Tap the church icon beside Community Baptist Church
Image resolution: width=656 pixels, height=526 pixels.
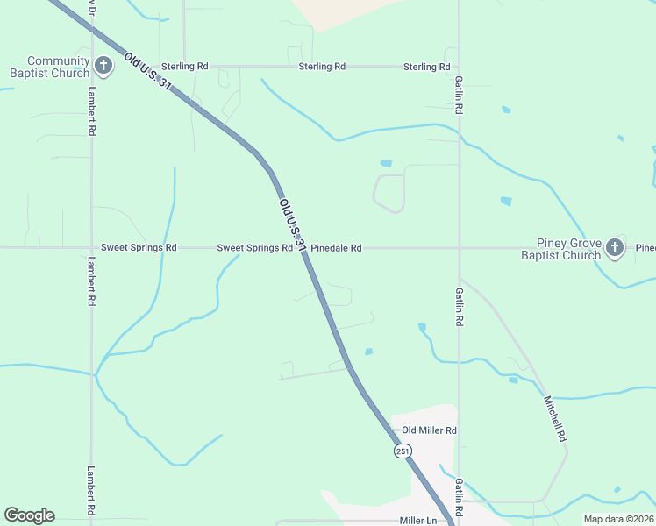point(103,66)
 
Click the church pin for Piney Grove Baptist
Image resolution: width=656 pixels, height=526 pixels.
point(615,248)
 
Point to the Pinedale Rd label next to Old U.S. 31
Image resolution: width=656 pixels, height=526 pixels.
point(336,248)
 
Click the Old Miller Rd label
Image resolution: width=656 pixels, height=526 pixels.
point(429,430)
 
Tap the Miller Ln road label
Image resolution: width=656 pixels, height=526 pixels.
point(417,521)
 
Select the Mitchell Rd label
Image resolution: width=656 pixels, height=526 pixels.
point(554,418)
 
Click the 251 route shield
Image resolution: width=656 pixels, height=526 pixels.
point(402,451)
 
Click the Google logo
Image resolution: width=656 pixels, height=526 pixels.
point(29,515)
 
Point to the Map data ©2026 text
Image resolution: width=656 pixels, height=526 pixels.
point(618,519)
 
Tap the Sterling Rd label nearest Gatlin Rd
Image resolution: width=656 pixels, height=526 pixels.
point(426,67)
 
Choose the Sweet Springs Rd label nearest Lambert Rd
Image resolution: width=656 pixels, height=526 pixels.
point(139,248)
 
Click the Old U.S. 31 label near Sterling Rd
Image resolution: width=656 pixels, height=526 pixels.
point(146,75)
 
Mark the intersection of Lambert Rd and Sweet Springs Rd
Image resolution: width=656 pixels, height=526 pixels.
point(91,248)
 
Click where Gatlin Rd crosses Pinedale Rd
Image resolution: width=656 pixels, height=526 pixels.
point(459,248)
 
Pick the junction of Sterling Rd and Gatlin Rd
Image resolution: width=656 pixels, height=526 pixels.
point(459,67)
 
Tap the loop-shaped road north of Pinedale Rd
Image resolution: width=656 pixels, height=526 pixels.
point(389,193)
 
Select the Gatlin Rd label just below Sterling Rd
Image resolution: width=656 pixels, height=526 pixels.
point(459,95)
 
